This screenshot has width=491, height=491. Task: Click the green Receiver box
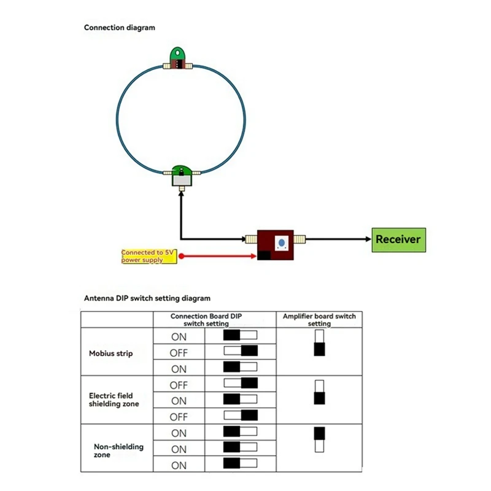(398, 239)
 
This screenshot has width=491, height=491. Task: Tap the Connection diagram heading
(119, 28)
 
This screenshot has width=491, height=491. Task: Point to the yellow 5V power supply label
(149, 257)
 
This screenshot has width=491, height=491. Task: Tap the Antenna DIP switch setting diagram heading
(147, 298)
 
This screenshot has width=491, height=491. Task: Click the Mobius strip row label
(111, 354)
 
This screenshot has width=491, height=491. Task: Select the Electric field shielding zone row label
(114, 400)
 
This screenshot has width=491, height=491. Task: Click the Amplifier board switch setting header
(319, 320)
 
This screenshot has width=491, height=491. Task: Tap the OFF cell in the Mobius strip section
(179, 353)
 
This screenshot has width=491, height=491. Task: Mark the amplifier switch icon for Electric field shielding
(319, 392)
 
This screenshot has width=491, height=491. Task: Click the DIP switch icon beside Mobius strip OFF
(240, 352)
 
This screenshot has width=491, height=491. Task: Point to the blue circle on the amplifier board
(282, 242)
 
